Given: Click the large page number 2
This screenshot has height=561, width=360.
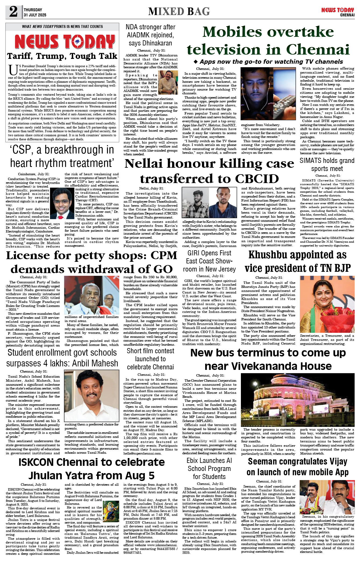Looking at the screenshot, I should click(x=13, y=12).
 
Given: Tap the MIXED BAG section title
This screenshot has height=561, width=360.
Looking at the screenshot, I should click(x=179, y=12).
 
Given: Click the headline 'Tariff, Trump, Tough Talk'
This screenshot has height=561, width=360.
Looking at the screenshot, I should click(x=62, y=56).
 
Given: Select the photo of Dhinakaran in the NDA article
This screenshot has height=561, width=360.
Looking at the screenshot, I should click(x=168, y=82).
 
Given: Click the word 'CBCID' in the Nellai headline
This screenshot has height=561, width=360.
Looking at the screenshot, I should click(x=256, y=179).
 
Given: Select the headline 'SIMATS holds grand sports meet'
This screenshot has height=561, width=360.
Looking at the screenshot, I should click(x=327, y=165).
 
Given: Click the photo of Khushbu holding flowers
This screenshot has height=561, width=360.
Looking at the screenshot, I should click(x=327, y=304).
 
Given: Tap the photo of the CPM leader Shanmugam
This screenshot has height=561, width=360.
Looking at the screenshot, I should click(x=91, y=295).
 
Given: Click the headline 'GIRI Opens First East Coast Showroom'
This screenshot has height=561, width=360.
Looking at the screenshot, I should click(x=209, y=261).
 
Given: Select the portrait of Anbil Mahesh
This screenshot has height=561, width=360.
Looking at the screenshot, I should click(x=91, y=396).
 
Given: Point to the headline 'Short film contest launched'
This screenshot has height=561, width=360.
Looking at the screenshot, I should click(x=150, y=359).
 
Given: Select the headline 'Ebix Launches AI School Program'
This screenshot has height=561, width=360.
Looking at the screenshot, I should click(x=209, y=469).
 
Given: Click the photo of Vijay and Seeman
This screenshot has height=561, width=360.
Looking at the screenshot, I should click(x=327, y=497).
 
